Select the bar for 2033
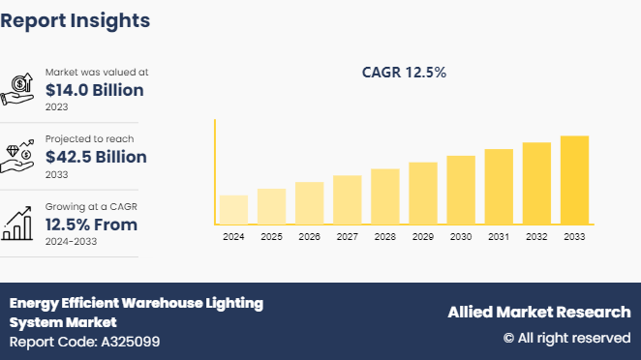(x=574, y=180)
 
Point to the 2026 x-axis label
(x=309, y=237)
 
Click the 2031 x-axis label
(x=499, y=237)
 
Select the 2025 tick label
(x=271, y=237)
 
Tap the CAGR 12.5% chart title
(x=403, y=73)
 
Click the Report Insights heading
(x=76, y=19)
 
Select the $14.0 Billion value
(x=95, y=90)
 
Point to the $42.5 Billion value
(x=96, y=157)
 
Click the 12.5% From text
(x=91, y=225)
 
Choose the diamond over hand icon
(x=18, y=156)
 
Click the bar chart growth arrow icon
(x=18, y=224)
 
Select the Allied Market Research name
(x=538, y=312)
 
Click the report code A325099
(x=84, y=342)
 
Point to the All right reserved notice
(x=566, y=338)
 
